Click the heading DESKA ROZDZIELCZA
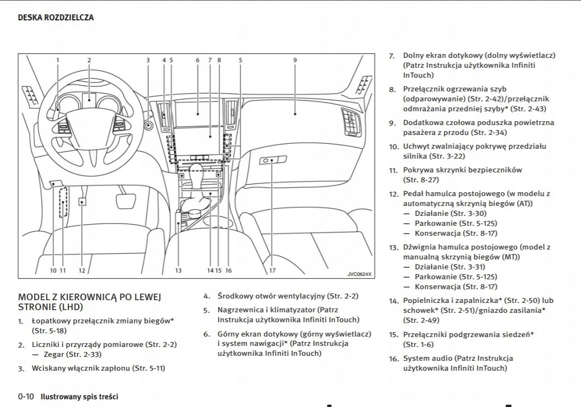point(56,18)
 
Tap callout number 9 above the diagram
point(295,60)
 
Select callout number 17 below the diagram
point(272,270)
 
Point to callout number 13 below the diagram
point(178,270)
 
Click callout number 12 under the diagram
point(82,270)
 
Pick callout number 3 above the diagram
point(148,60)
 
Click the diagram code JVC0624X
point(359,274)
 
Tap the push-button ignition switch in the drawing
point(148,126)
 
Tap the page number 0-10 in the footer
point(26,397)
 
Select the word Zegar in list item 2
point(54,354)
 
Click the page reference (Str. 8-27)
point(421,180)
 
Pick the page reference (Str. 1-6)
point(418,344)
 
